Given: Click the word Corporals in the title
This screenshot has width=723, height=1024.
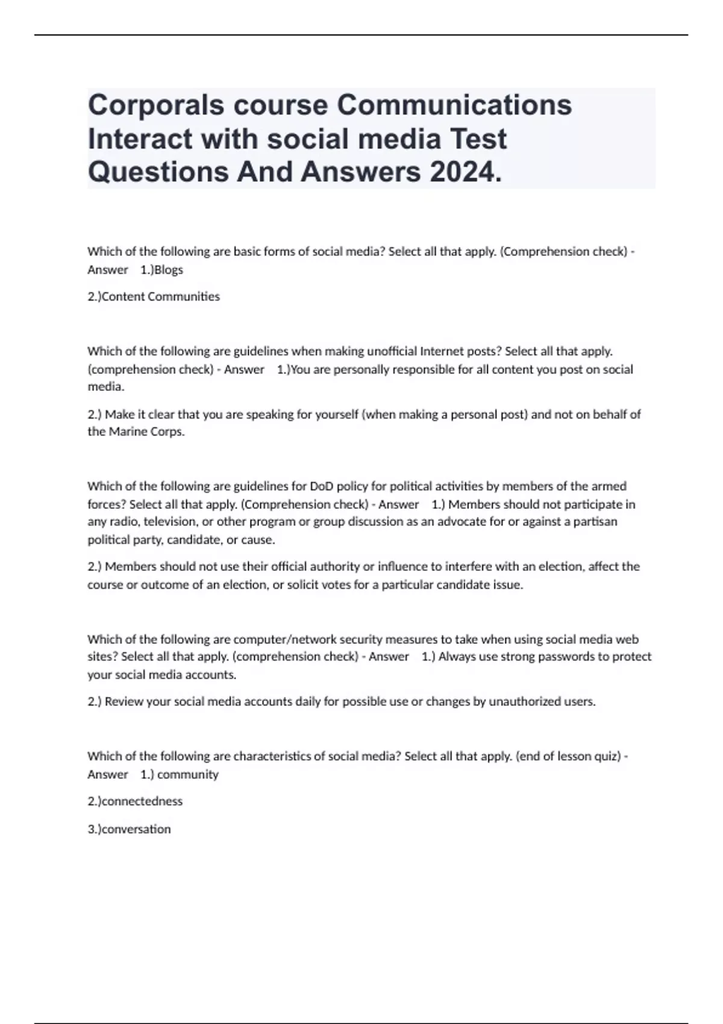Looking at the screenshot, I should [157, 105].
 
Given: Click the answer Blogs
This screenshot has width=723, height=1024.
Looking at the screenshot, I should [169, 270].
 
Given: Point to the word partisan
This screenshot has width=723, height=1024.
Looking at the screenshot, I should [595, 522].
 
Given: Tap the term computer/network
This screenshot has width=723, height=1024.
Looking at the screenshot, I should [285, 639].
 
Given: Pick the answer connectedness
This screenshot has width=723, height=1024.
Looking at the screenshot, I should [142, 802].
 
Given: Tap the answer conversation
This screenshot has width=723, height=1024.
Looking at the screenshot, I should [137, 829].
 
